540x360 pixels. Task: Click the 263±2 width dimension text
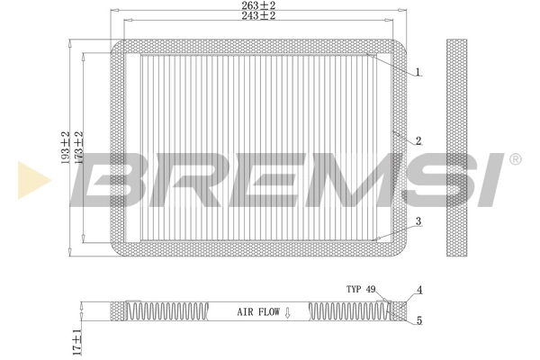(x=258, y=5)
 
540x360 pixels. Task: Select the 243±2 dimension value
(x=258, y=17)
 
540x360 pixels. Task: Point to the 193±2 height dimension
(x=66, y=148)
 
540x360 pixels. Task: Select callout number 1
(x=418, y=72)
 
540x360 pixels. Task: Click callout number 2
(x=418, y=141)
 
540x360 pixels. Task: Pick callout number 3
(x=418, y=220)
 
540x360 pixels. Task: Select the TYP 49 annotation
(x=360, y=290)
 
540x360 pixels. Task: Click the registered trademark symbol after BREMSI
(x=515, y=159)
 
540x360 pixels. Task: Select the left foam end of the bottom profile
(x=119, y=310)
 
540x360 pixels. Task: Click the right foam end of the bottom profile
(x=397, y=310)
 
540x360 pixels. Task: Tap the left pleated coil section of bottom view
(x=175, y=310)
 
